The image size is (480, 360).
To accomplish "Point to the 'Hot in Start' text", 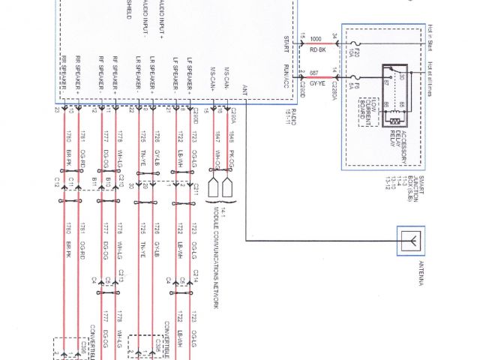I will pos(432,33).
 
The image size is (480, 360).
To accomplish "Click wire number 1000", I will pos(315,37).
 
